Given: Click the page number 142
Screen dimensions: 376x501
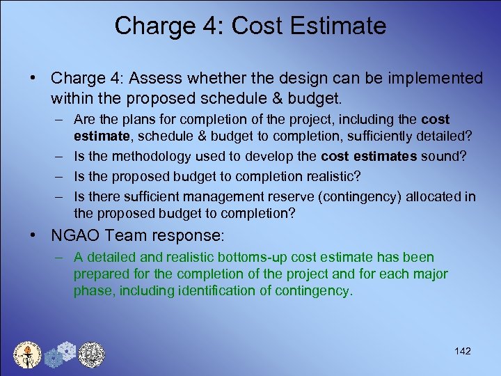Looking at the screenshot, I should tap(462, 351).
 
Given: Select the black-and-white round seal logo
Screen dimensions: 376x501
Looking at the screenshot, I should tap(90, 354).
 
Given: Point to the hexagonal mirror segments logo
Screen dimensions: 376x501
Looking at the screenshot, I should tap(59, 354).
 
